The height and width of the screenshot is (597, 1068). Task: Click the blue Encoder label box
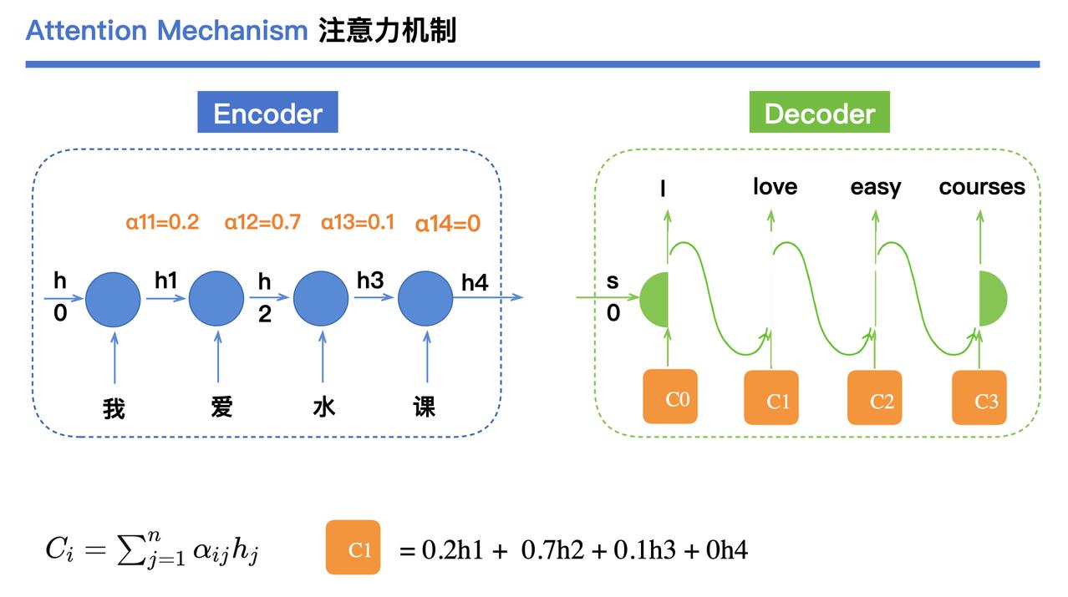tap(267, 112)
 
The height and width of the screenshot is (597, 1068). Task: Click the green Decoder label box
tap(819, 112)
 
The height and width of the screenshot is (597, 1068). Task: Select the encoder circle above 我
tap(113, 299)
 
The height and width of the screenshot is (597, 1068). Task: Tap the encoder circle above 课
tap(425, 299)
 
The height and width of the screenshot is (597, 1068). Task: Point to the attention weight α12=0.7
tap(262, 222)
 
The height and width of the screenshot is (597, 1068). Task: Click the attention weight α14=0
tap(447, 224)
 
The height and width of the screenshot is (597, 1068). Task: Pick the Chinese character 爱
tap(221, 407)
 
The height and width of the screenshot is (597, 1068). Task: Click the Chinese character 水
tap(324, 407)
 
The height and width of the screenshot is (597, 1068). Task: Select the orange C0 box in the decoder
tap(670, 397)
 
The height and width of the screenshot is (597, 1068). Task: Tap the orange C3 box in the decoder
tap(979, 397)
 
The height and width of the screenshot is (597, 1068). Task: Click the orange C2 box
tap(874, 397)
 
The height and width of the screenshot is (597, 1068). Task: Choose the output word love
tap(775, 186)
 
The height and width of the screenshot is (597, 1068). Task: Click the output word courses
tap(982, 187)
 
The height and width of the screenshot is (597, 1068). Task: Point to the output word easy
tap(876, 188)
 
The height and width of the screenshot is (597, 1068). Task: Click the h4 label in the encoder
tap(475, 282)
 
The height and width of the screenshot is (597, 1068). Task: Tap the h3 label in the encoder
tap(370, 281)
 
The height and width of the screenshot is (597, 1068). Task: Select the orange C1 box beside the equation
tap(353, 547)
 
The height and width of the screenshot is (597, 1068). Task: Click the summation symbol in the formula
tap(130, 550)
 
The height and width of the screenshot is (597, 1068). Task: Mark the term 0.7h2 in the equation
tap(552, 550)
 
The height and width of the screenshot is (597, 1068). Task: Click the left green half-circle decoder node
tap(655, 299)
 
